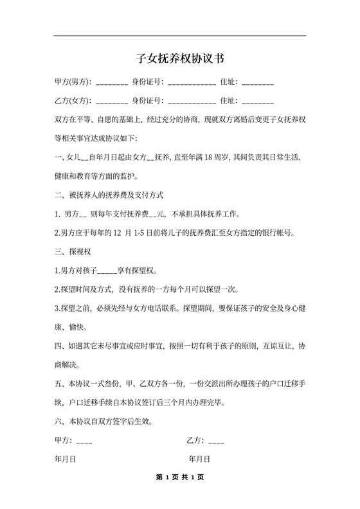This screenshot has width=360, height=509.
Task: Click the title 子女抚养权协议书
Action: point(180,58)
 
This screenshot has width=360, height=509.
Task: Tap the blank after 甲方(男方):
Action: point(113,84)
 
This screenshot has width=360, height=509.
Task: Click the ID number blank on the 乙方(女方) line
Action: point(192,103)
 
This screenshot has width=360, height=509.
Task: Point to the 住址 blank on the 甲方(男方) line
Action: point(258,84)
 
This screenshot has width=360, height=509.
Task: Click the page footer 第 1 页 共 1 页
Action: point(180,478)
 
